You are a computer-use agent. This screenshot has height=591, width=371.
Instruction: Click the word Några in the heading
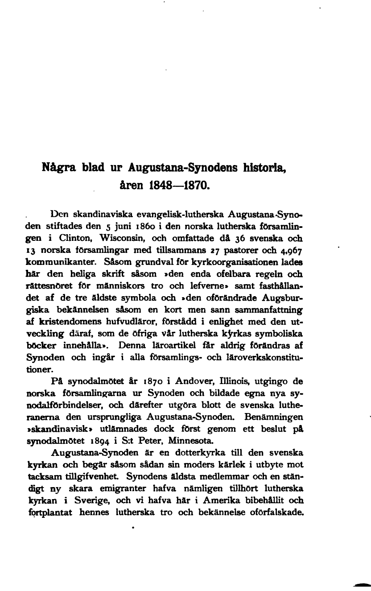57,168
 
